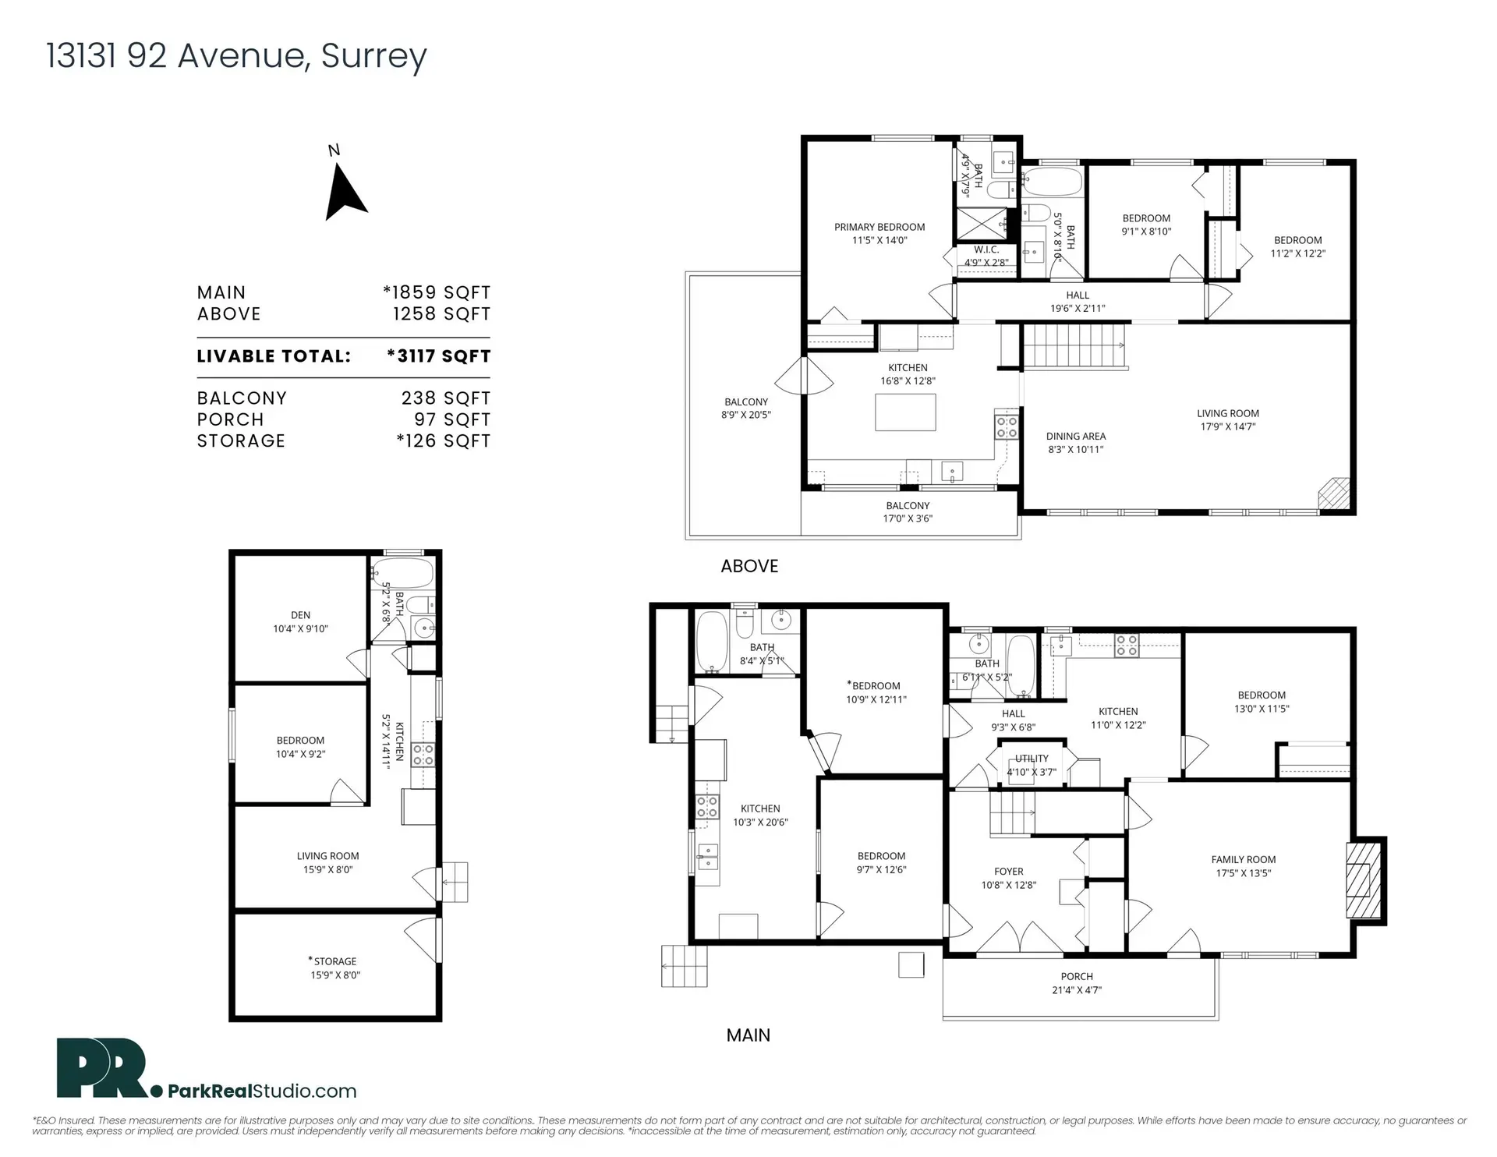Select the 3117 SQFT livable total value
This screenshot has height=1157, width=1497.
[x=439, y=356]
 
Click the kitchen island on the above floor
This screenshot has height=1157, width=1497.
[x=905, y=412]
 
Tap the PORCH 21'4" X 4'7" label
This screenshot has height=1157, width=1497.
[x=1077, y=983]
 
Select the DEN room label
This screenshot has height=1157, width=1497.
[x=300, y=621]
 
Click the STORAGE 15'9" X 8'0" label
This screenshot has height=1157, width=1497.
[x=335, y=968]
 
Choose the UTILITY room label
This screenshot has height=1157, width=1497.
[x=1032, y=765]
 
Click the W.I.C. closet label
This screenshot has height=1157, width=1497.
[x=986, y=256]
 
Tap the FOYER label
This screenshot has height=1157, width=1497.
[x=1008, y=878]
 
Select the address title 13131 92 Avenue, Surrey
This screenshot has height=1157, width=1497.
[x=236, y=55]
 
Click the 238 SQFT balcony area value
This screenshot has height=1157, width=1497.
[x=445, y=398]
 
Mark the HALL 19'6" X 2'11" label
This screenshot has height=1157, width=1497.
[x=1078, y=301]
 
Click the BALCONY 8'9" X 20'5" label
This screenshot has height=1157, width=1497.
[x=745, y=408]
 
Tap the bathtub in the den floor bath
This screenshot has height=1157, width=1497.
[x=402, y=573]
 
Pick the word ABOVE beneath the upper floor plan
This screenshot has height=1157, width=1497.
[x=749, y=566]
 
